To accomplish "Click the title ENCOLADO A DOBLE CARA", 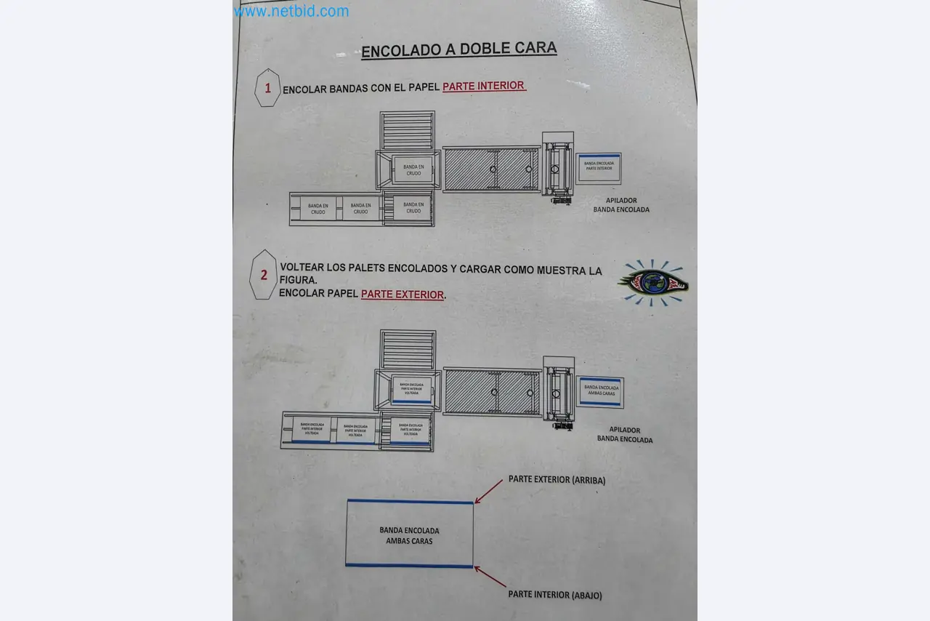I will (458, 49).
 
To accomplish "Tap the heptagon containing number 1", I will (267, 88).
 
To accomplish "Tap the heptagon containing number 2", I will (263, 275).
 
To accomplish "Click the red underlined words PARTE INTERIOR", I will (484, 86).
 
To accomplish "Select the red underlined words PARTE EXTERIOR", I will (403, 295).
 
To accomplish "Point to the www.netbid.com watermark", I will (291, 11).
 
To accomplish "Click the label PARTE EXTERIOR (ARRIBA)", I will (557, 480).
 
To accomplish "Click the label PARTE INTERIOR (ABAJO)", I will (555, 595).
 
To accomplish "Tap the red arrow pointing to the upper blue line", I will (488, 491).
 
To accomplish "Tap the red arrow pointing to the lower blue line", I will (490, 577).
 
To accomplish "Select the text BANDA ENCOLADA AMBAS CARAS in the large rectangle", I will (409, 536).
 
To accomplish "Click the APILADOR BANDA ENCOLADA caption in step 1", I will (621, 205).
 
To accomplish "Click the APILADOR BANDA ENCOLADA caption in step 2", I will (625, 435).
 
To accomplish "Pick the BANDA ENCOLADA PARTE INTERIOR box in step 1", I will (599, 167).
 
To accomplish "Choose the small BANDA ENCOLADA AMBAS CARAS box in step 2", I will (601, 392).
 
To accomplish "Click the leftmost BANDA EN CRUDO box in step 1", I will (318, 209).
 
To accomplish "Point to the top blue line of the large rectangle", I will (410, 502).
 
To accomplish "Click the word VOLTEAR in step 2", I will (303, 268).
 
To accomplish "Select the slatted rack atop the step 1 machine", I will (408, 130).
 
